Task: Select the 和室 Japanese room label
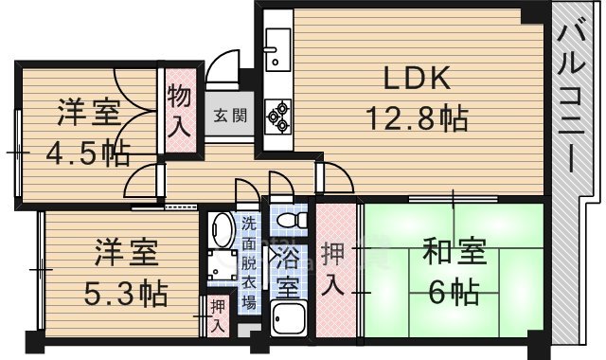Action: pyautogui.click(x=454, y=253)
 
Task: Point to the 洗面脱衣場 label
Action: pyautogui.click(x=248, y=263)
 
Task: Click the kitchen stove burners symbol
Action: pyautogui.click(x=278, y=114)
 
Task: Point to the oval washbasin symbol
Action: pyautogui.click(x=222, y=230)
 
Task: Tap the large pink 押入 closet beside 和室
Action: pyautogui.click(x=336, y=270)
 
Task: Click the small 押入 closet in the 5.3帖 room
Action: pyautogui.click(x=218, y=315)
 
